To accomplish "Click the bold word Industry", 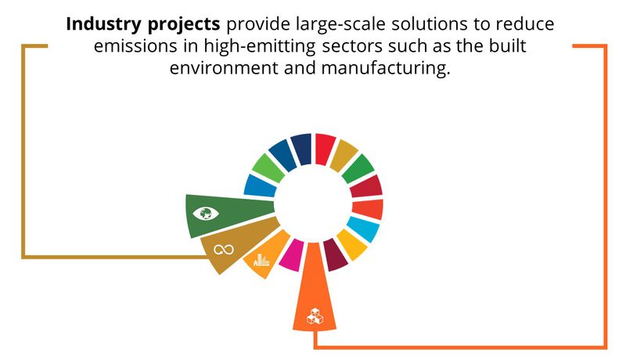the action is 105,25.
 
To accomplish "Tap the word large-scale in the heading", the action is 341,25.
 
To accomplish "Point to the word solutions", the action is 430,24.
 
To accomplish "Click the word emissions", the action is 135,46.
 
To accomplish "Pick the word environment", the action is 224,68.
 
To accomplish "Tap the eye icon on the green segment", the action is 206,214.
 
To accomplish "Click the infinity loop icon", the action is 224,250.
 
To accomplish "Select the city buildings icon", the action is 261,261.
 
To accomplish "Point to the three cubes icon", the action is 315,316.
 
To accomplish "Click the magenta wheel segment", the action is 292,255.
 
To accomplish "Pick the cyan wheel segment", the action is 363,229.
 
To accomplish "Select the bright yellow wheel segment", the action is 351,244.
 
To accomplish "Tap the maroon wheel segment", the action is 335,254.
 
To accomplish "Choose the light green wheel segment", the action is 268,168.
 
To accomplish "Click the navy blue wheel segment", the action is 301,149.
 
